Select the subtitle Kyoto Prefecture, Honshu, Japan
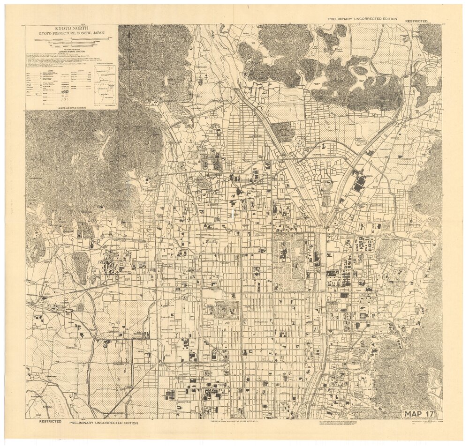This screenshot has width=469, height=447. click(x=71, y=34)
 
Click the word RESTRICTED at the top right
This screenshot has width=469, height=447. click(x=416, y=21)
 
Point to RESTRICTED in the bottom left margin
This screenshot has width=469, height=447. click(x=50, y=421)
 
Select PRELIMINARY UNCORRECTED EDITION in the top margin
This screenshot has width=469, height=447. click(x=363, y=19)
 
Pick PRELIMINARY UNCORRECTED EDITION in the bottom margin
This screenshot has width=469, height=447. click(x=104, y=423)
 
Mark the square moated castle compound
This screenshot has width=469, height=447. click(x=227, y=310)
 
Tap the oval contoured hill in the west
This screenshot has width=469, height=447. click(x=80, y=267)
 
